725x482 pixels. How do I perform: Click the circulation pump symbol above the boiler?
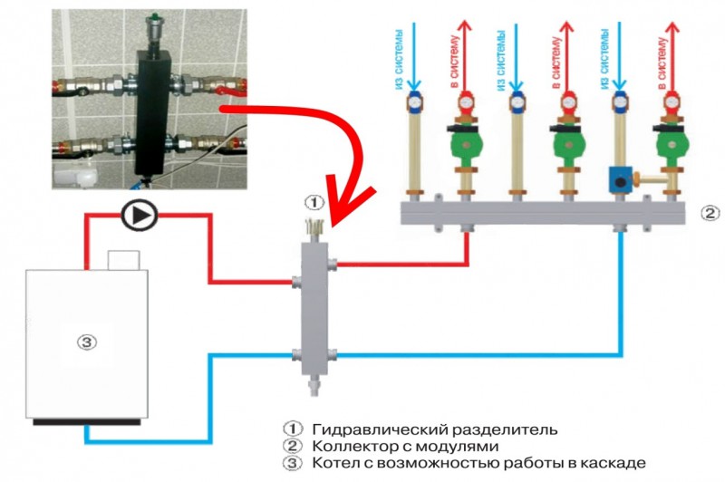(x=140, y=216)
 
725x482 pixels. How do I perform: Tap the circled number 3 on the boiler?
(x=87, y=342)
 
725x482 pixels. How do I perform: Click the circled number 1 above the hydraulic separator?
(x=314, y=202)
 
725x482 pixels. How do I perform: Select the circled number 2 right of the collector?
(x=710, y=213)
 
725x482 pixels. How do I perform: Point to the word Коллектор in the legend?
(x=353, y=447)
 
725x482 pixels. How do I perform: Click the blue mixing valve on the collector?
(x=621, y=179)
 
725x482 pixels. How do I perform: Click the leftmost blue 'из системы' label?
(x=401, y=59)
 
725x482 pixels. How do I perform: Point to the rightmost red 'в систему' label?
(x=662, y=64)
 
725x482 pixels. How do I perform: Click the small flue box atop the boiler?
(x=123, y=260)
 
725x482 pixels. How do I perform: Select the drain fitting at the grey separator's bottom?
(x=314, y=384)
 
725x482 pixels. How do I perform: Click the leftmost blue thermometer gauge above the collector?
(x=414, y=101)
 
